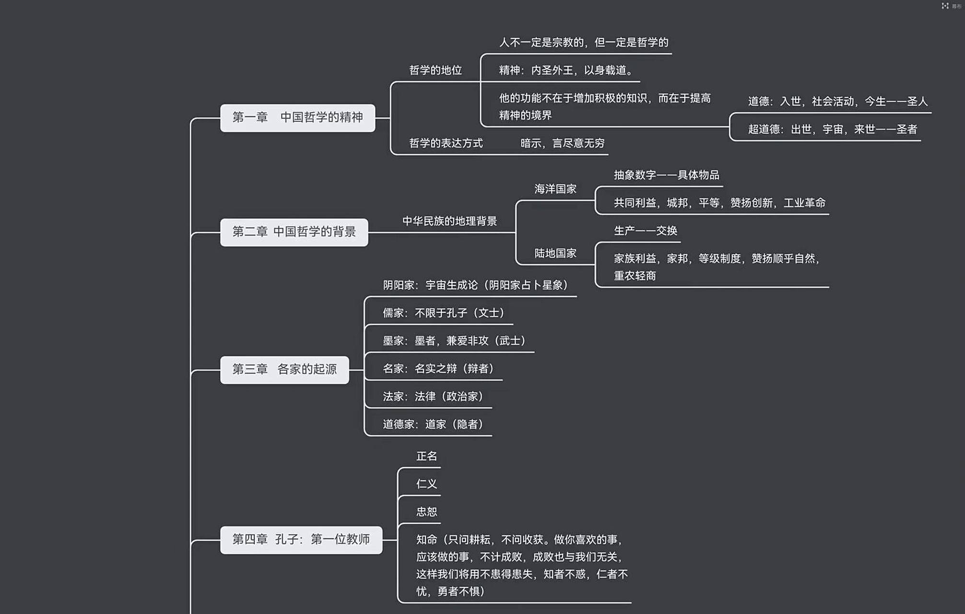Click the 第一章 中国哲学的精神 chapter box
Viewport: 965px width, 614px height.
pos(297,118)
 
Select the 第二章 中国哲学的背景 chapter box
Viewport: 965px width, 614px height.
pos(294,232)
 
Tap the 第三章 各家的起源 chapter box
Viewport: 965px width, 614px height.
pos(284,369)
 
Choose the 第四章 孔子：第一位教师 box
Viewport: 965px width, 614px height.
pos(301,540)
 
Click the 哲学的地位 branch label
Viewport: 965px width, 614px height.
pos(435,71)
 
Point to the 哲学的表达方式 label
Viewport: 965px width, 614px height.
pos(446,143)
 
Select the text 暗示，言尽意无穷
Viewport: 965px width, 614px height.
pos(562,143)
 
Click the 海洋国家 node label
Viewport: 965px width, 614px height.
pos(555,189)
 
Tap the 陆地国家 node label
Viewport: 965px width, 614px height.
pos(555,253)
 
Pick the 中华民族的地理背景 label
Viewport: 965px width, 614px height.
pos(449,221)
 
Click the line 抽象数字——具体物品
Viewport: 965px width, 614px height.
pos(666,175)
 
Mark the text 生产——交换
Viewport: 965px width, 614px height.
pos(645,231)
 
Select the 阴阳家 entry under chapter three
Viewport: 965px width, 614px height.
pos(475,285)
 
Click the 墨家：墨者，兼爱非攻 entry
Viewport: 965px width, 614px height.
pos(454,341)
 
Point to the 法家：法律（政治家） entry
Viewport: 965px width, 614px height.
pos(433,397)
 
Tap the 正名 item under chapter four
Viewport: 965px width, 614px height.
pos(426,456)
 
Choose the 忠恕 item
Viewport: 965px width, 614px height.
pos(426,512)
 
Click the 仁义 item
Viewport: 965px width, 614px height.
pos(426,484)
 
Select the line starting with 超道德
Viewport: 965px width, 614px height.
pos(832,130)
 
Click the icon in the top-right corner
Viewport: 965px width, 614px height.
pos(945,6)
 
